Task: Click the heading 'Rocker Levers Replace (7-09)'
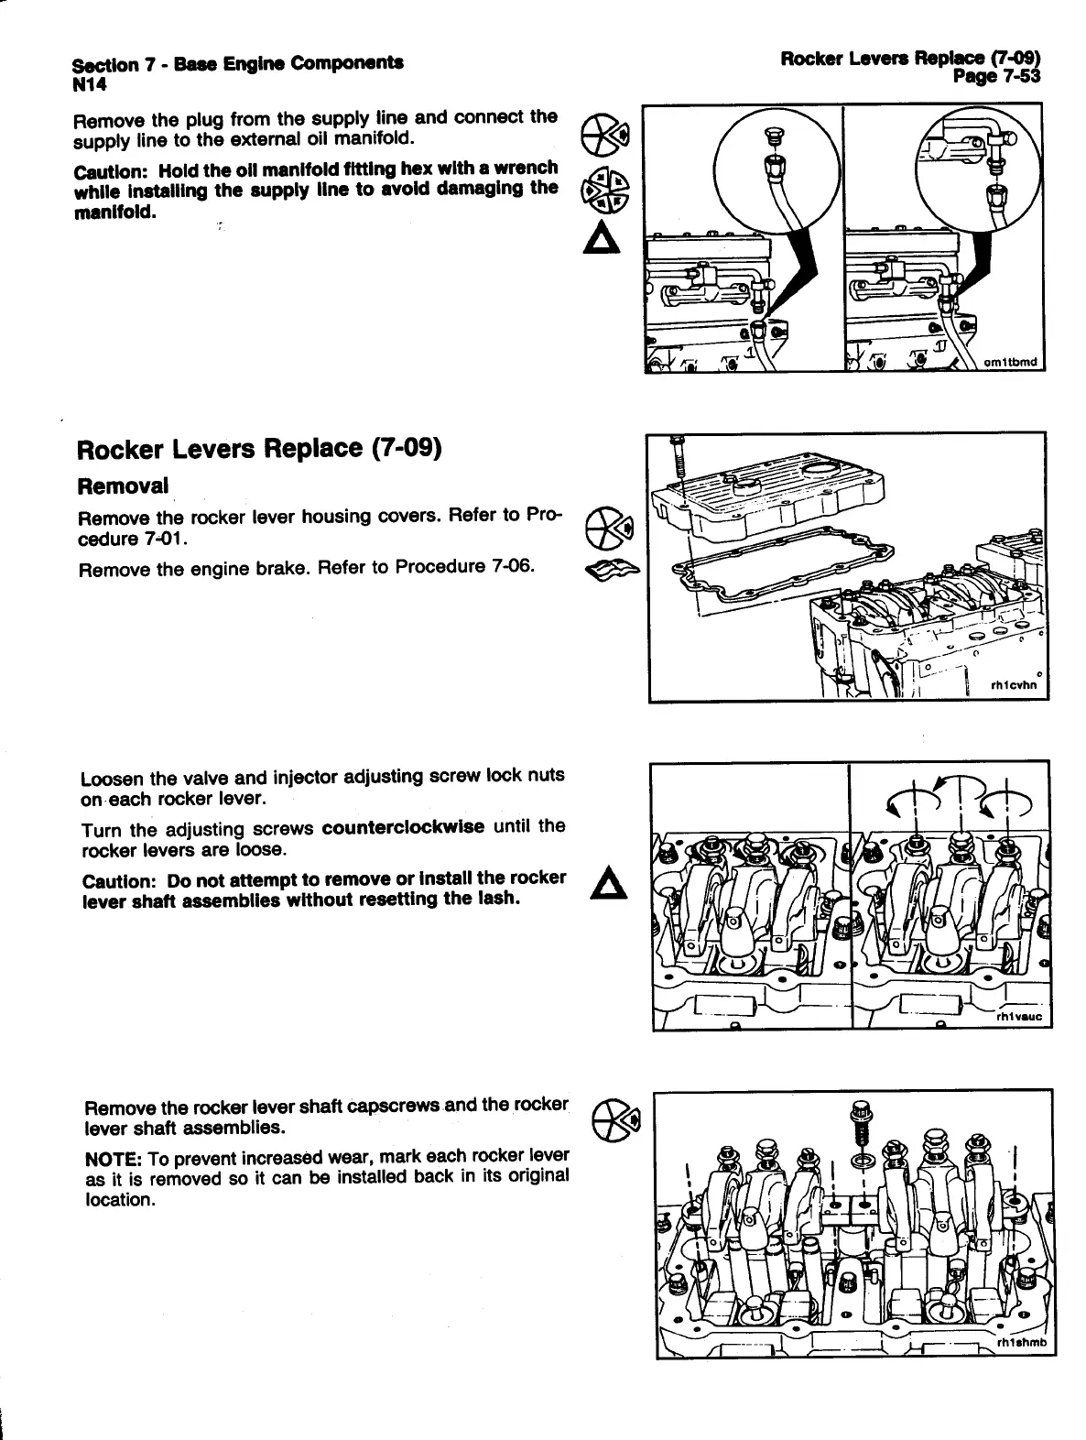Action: point(259,450)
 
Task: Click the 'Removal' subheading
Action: point(123,485)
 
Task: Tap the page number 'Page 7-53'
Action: point(996,77)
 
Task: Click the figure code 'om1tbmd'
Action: point(1010,362)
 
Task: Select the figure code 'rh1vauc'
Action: point(1019,1017)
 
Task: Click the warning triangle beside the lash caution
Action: point(606,885)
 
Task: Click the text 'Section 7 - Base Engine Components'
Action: point(239,64)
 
